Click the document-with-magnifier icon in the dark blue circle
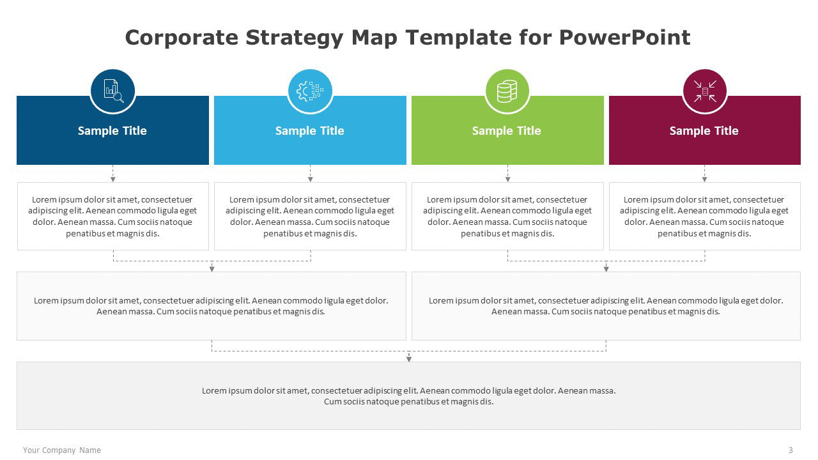click(x=113, y=91)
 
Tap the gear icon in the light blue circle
click(x=310, y=91)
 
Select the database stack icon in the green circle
click(x=507, y=91)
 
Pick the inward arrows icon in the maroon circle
click(x=705, y=91)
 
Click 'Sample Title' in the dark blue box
click(x=112, y=131)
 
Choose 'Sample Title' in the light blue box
click(x=310, y=131)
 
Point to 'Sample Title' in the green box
click(x=507, y=131)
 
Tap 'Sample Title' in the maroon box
click(x=704, y=131)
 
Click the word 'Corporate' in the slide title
click(x=171, y=38)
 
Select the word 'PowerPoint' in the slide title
click(x=625, y=38)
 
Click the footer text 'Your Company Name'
click(x=62, y=450)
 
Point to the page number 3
click(x=791, y=450)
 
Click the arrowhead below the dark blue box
click(x=113, y=180)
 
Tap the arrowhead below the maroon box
click(x=705, y=180)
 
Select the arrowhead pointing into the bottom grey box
click(x=409, y=359)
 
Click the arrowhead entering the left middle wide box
click(x=212, y=269)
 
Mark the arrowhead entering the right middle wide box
click(x=606, y=269)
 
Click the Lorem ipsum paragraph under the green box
click(x=507, y=217)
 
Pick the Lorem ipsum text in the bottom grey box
click(x=409, y=396)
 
